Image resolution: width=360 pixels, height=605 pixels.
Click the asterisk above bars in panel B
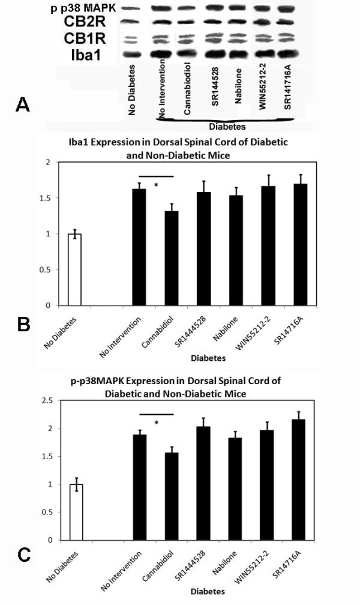click(x=156, y=185)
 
